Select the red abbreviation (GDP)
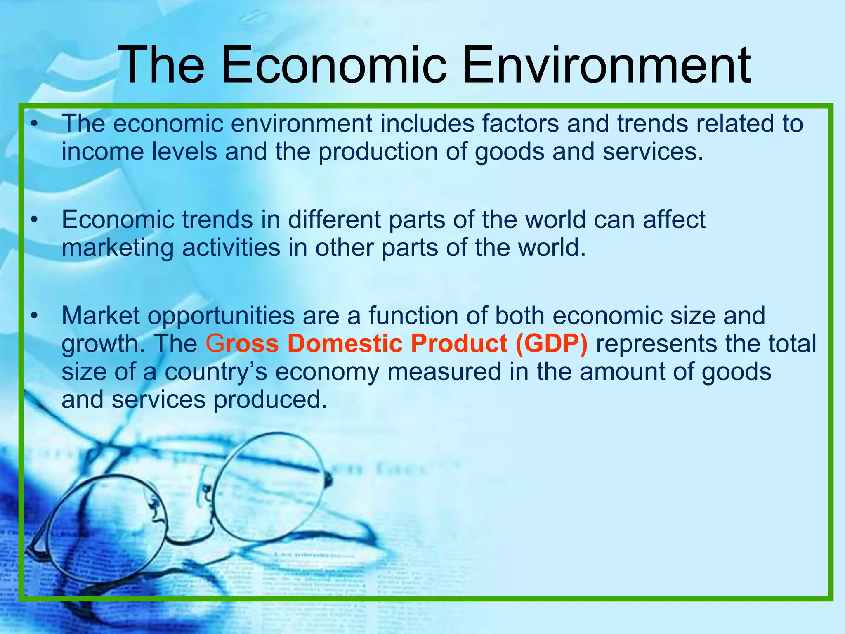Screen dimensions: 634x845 [x=551, y=343]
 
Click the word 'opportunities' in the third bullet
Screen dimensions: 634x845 [x=221, y=316]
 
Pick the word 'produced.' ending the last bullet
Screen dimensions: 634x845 [x=270, y=400]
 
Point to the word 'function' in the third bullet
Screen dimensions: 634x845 [x=413, y=316]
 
